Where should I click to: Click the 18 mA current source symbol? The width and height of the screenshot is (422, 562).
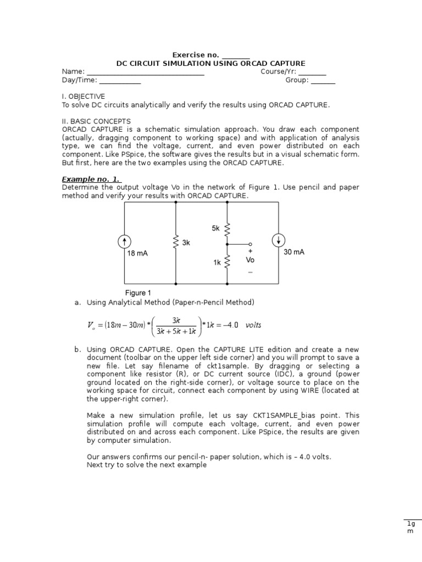125,241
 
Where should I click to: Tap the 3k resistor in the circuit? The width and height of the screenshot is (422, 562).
176,242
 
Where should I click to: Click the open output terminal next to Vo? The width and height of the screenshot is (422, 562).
250,244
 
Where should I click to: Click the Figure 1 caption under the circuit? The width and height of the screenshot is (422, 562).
138,293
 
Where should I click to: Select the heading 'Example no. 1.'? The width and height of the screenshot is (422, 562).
91,179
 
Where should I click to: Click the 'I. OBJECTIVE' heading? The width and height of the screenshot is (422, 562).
83,96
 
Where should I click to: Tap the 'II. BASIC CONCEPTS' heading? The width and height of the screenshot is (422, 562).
96,121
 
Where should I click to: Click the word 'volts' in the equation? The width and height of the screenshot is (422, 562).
253,325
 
